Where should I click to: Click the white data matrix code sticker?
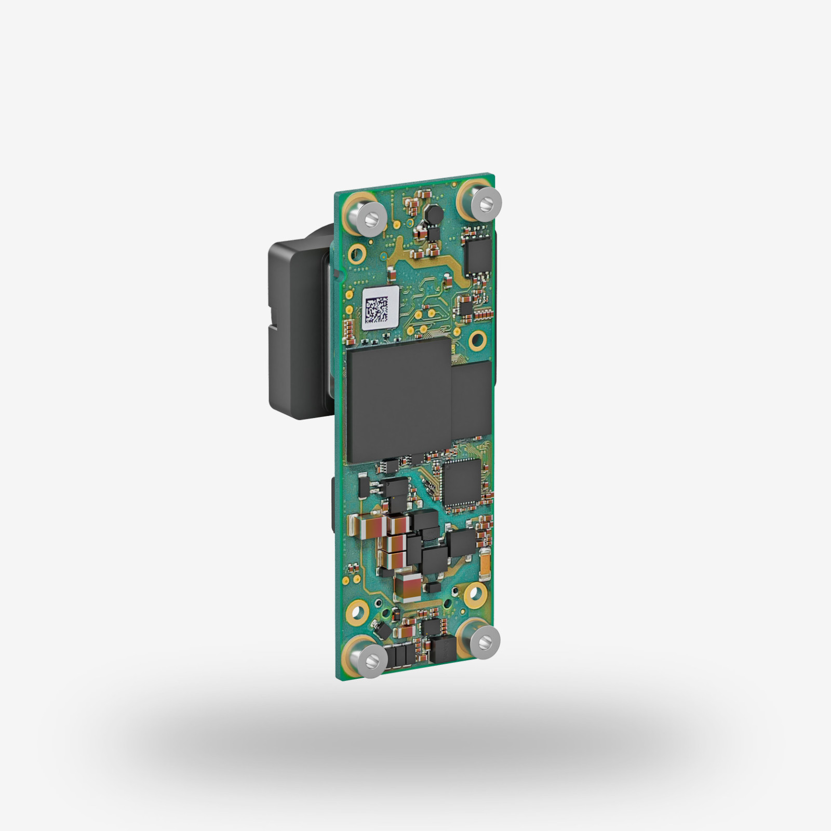click(x=381, y=307)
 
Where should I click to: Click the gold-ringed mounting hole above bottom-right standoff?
click(x=474, y=593)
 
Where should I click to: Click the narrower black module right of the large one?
click(x=472, y=397)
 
